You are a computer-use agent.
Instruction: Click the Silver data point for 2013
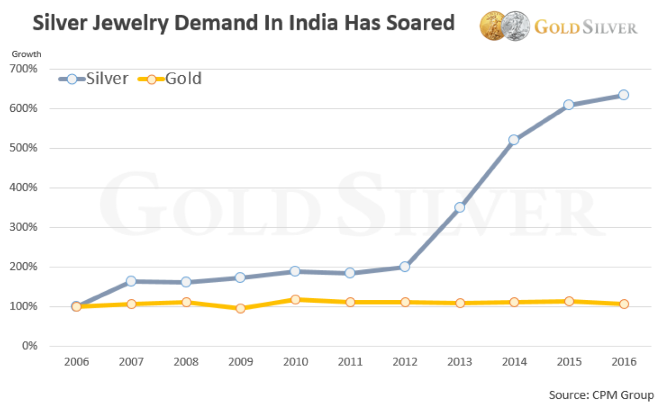point(459,207)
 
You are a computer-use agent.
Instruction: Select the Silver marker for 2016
point(623,95)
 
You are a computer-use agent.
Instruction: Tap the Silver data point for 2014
point(514,140)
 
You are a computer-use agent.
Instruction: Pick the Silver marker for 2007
point(131,281)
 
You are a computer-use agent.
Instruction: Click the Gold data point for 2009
point(241,308)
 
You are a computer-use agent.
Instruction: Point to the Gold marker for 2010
point(295,299)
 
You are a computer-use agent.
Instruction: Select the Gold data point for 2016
point(623,304)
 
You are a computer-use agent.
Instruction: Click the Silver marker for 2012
point(405,267)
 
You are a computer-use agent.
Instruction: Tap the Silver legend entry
point(94,79)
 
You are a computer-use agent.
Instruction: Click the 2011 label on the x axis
point(350,362)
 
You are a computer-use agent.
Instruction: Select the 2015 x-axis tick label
point(569,362)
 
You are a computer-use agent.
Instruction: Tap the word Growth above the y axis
point(26,54)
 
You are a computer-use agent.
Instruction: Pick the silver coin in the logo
point(515,26)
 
